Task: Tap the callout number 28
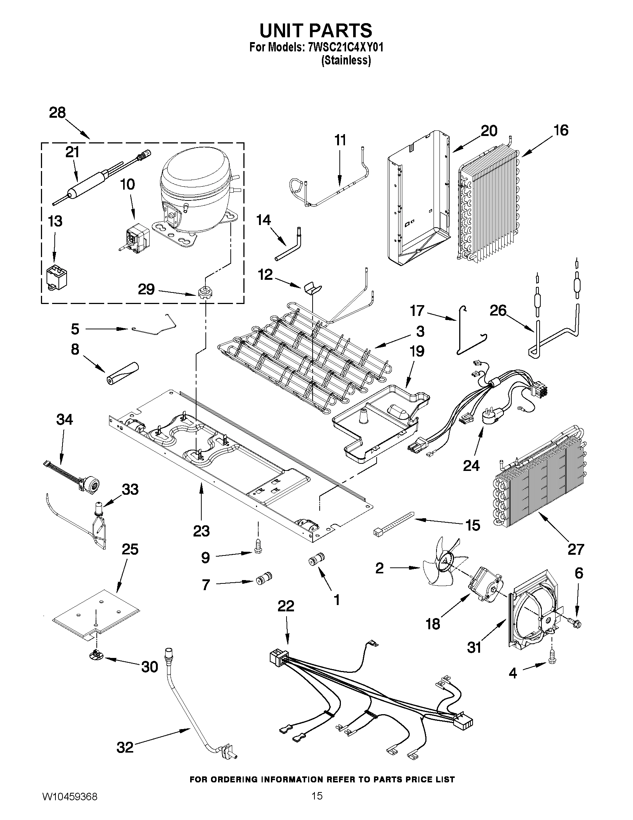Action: pyautogui.click(x=57, y=113)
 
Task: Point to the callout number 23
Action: pyautogui.click(x=201, y=531)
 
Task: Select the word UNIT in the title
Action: pyautogui.click(x=285, y=31)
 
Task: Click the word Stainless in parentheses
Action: pyautogui.click(x=346, y=60)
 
